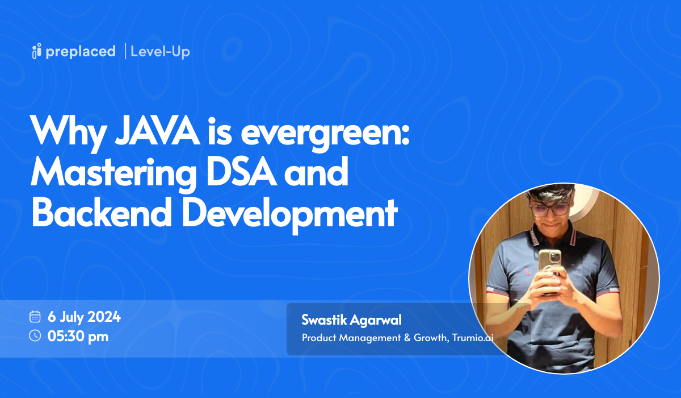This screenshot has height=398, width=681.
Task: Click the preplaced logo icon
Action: click(36, 51)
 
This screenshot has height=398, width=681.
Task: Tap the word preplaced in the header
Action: click(81, 52)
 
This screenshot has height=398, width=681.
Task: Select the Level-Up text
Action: click(160, 52)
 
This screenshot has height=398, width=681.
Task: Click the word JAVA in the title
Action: click(158, 131)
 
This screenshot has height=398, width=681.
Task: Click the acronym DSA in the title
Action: click(242, 172)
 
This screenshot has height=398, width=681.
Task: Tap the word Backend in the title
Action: click(102, 212)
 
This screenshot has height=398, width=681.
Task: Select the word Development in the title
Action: click(290, 215)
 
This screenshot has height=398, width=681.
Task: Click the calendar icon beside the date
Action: click(35, 316)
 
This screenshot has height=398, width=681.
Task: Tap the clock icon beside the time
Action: click(35, 335)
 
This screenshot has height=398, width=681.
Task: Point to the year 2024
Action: click(104, 317)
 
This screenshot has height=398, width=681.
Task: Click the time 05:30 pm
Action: click(78, 337)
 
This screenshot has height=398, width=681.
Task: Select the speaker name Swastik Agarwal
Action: click(351, 320)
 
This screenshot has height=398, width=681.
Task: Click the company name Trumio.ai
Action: click(472, 337)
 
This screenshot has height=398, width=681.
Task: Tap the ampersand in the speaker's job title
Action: click(407, 338)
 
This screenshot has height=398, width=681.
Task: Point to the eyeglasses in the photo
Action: click(549, 210)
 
